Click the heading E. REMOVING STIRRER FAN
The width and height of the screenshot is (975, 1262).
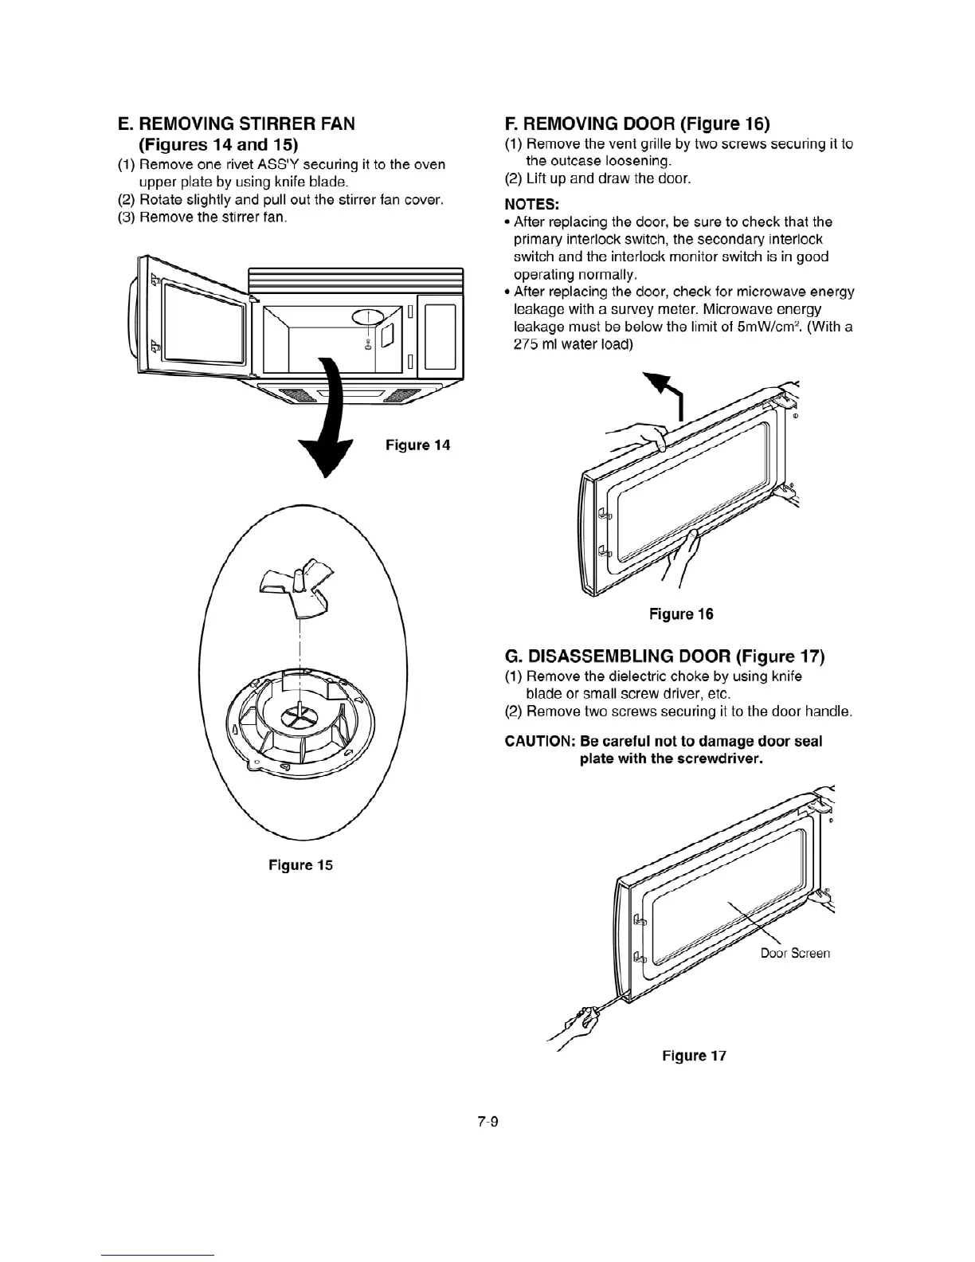tap(236, 123)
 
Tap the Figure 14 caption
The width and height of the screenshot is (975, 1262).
tap(417, 445)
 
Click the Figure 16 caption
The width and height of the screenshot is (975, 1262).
tap(681, 614)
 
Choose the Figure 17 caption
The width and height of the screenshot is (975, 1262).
tap(694, 1056)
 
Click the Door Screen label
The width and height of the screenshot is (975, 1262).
tap(795, 953)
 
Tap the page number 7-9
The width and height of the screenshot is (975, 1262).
tap(487, 1122)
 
